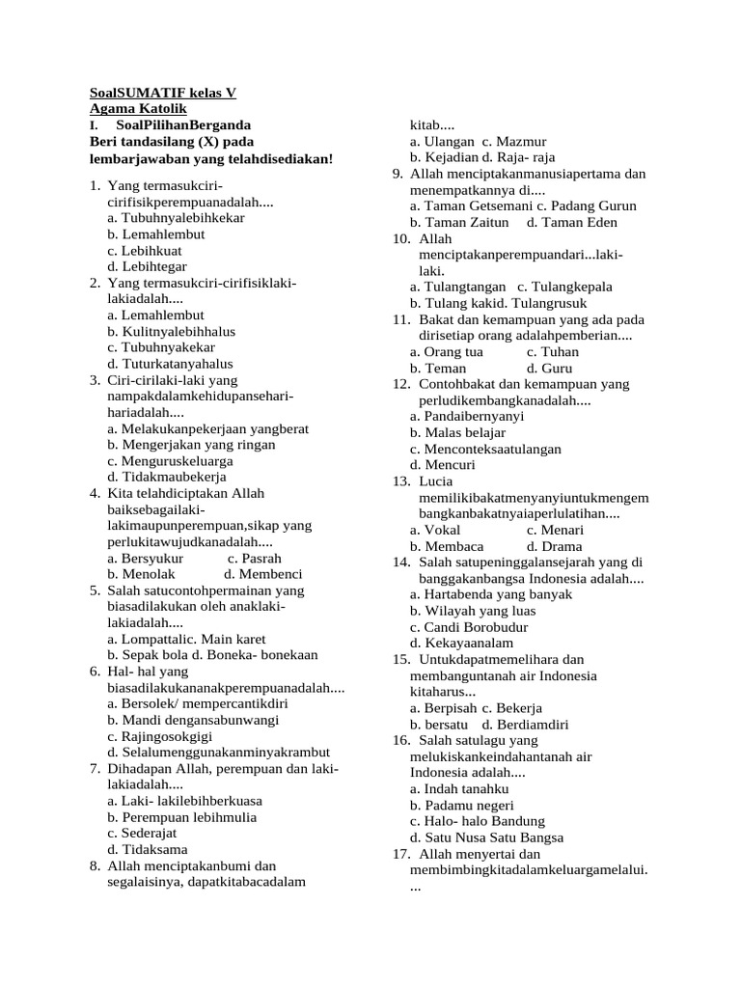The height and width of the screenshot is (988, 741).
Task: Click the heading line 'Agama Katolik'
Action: pyautogui.click(x=131, y=110)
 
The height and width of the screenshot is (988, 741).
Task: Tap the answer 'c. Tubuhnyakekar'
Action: pyautogui.click(x=161, y=347)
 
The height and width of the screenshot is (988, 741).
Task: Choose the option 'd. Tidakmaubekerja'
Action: pyautogui.click(x=167, y=477)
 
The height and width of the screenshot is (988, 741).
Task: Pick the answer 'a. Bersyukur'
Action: pyautogui.click(x=148, y=558)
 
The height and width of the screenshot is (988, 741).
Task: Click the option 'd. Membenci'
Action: pyautogui.click(x=263, y=574)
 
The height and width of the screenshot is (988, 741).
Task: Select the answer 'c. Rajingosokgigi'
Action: pyautogui.click(x=162, y=736)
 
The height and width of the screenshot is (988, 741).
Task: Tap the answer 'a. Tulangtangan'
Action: pyautogui.click(x=457, y=288)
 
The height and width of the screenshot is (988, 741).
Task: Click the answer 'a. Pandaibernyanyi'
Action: pyautogui.click(x=467, y=417)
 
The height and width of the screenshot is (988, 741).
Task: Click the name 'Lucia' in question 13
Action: pyautogui.click(x=435, y=481)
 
